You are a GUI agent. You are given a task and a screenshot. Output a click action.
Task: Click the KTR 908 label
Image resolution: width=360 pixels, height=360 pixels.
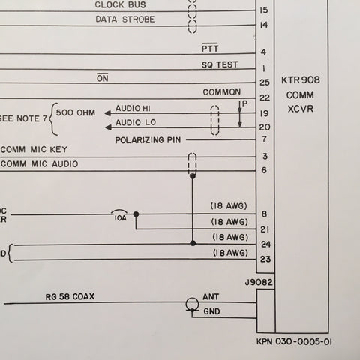(x=301, y=80)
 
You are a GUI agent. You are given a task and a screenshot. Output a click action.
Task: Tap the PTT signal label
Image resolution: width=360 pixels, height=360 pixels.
(x=210, y=48)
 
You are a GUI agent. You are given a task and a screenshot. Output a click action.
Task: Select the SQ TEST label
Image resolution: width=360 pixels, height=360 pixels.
(x=220, y=65)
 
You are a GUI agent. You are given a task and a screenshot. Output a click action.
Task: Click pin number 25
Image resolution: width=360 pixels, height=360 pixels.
(x=265, y=82)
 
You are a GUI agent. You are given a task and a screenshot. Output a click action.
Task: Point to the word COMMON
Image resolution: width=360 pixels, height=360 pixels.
(x=222, y=92)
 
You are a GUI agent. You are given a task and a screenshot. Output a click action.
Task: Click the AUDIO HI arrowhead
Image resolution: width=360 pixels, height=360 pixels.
(x=108, y=113)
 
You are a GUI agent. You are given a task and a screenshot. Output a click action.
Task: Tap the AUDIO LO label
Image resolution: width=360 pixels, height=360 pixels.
(x=136, y=122)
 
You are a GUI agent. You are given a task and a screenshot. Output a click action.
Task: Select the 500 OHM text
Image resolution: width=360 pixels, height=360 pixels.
(x=76, y=112)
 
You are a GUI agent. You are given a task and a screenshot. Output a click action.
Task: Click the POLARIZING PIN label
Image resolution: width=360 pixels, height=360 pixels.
(x=148, y=140)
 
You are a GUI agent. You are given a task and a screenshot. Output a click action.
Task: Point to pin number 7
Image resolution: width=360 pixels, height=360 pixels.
(x=265, y=139)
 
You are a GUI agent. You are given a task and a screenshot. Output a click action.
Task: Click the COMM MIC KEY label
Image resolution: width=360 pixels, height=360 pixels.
(x=34, y=150)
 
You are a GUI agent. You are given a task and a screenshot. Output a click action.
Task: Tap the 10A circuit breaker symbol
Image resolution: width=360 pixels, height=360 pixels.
(x=119, y=212)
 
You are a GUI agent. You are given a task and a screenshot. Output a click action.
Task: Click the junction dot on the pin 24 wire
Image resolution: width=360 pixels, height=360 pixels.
(x=193, y=243)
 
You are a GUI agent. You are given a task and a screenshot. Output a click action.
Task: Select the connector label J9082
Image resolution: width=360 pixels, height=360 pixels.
(x=259, y=282)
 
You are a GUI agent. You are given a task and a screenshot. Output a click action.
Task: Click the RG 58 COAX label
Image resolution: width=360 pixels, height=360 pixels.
(x=70, y=296)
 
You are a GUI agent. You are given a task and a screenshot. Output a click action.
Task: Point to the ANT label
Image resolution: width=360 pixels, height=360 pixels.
(x=211, y=297)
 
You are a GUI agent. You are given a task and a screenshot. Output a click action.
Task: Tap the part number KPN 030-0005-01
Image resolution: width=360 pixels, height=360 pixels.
(x=294, y=341)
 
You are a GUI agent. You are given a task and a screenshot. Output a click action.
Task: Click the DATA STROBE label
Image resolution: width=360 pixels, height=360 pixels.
(x=125, y=19)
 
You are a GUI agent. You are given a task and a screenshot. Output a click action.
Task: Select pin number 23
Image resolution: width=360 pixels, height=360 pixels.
(x=265, y=259)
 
